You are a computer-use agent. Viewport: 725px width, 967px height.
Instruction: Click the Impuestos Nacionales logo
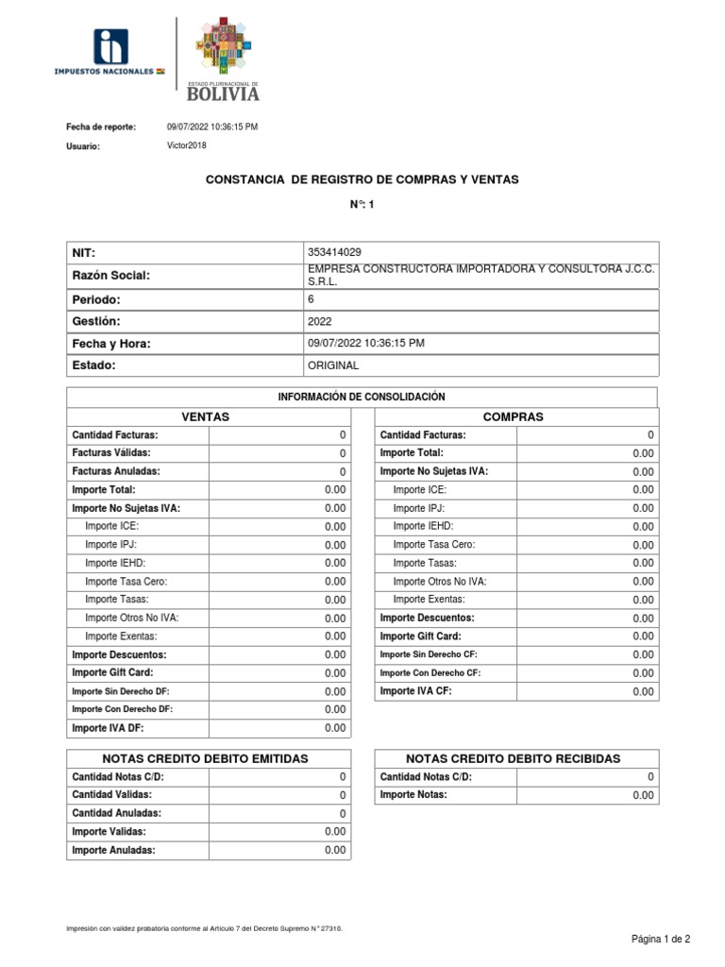[110, 53]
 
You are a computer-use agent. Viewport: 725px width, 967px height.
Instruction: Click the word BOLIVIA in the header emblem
[222, 93]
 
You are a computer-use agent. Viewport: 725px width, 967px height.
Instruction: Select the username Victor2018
[186, 145]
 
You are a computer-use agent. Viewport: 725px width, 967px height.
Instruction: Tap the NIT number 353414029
[334, 253]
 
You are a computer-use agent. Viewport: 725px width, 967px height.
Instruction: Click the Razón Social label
[110, 275]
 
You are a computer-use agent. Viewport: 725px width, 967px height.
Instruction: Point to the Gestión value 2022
[320, 321]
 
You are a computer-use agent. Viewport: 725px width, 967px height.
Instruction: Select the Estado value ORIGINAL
[333, 365]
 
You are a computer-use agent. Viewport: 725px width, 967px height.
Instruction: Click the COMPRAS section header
[513, 416]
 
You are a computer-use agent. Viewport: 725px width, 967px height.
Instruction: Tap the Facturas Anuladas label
[116, 471]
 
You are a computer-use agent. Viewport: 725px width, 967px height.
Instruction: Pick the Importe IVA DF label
[108, 728]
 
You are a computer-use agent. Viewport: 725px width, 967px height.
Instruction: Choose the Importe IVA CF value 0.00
[643, 691]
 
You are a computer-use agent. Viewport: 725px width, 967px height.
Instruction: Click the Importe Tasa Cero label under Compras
[434, 545]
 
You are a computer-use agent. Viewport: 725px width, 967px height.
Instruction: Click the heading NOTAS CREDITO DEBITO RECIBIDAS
[513, 758]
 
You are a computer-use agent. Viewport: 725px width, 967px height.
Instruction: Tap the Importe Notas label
[413, 795]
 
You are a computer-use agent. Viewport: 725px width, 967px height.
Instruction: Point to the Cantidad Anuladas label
[116, 813]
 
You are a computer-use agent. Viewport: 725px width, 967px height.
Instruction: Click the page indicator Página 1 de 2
[661, 939]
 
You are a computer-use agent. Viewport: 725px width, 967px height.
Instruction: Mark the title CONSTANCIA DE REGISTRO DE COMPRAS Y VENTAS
[362, 179]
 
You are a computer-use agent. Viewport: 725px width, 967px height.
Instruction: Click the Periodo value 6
[312, 298]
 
